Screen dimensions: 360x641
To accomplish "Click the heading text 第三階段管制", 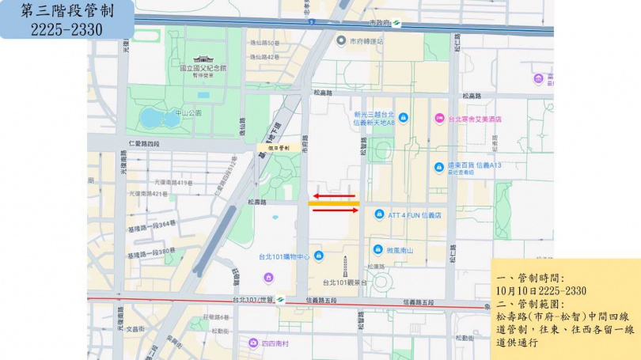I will point(66,11).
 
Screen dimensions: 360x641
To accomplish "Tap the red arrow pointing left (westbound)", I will point(332,195).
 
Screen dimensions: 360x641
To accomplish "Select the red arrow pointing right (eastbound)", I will point(333,210).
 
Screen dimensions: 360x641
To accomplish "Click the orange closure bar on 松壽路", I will point(334,203).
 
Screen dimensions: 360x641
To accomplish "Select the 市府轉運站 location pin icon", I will point(340,41).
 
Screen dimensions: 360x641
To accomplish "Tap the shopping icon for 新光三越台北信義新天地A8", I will point(404,119).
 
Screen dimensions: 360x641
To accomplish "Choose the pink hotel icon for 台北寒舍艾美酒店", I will point(438,119).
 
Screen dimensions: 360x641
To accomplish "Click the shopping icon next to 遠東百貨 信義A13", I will point(438,167).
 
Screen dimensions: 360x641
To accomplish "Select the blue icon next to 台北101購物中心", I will point(318,256).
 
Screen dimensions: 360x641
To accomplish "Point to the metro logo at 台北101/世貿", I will point(279,299).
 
